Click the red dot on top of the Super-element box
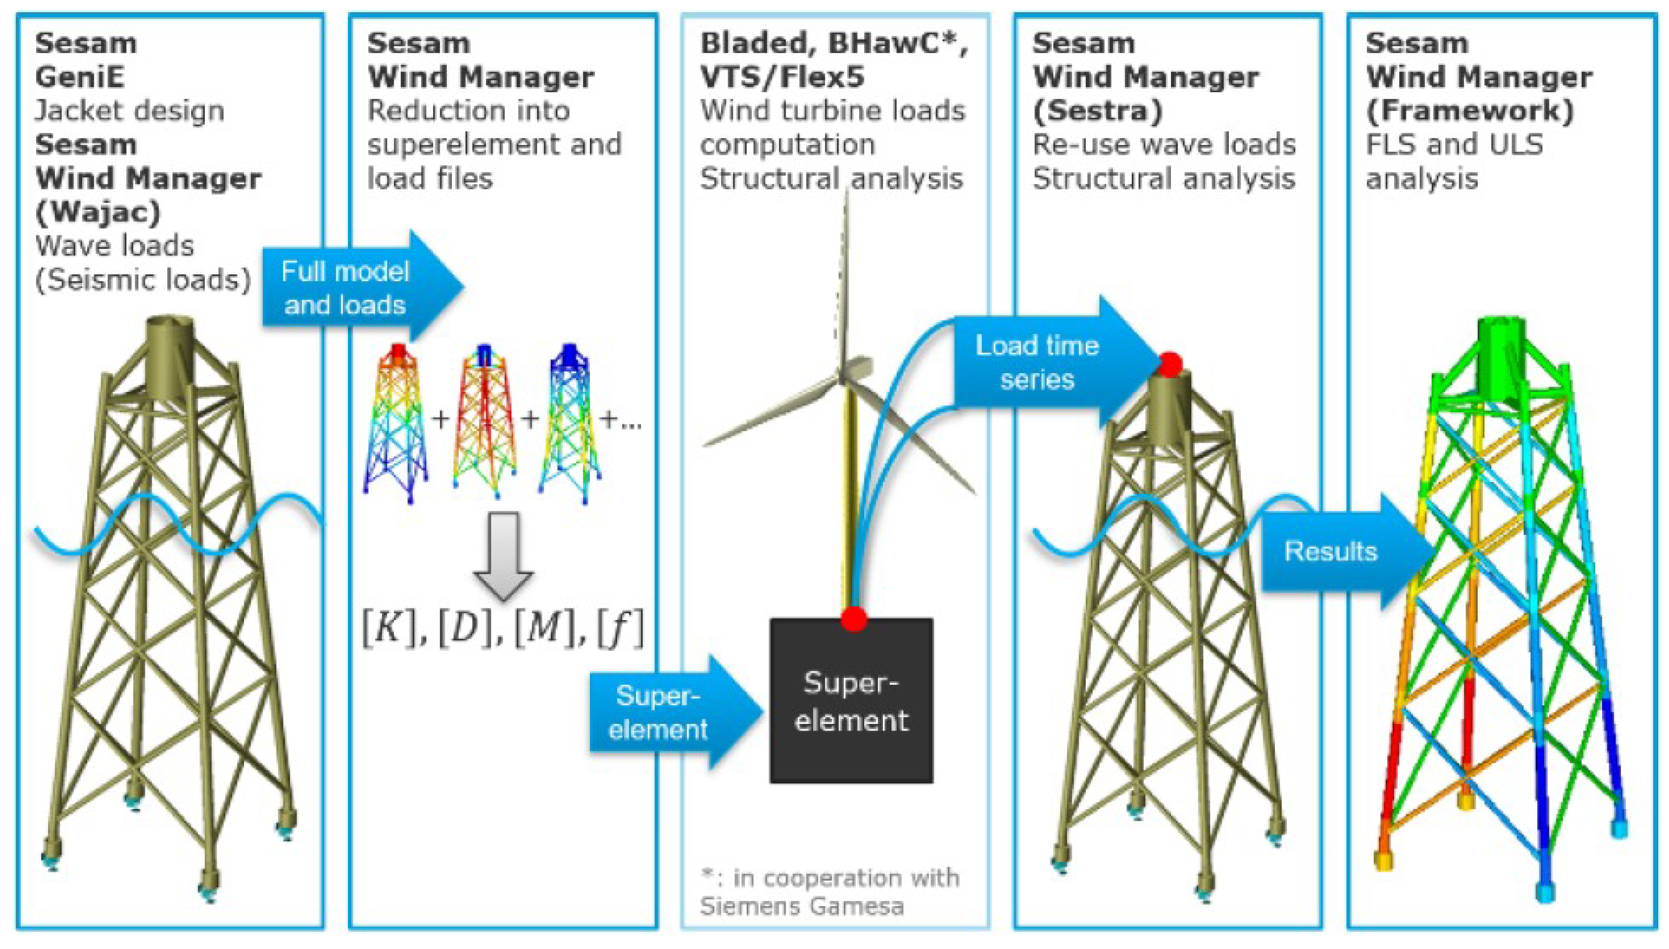click(x=854, y=618)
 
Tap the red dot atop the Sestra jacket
click(x=1170, y=363)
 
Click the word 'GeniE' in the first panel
click(x=80, y=78)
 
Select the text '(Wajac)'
click(x=98, y=212)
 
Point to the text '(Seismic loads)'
click(x=143, y=280)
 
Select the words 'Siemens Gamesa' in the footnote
click(x=801, y=906)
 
